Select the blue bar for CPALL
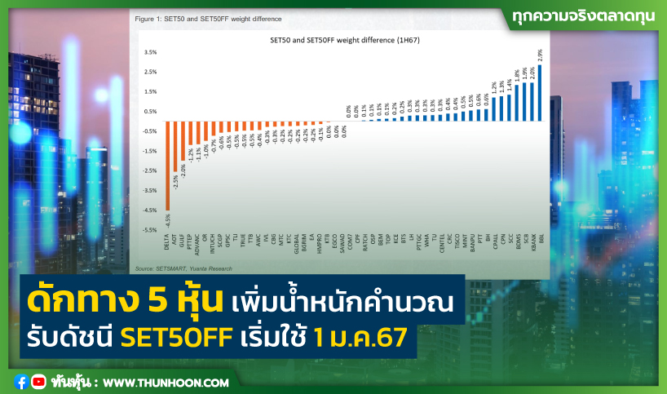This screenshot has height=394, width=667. [x=494, y=109]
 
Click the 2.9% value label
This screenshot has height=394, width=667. [x=540, y=55]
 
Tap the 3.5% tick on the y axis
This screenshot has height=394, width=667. [x=150, y=51]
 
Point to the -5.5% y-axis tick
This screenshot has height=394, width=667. [x=149, y=230]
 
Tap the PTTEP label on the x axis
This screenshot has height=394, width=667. [x=190, y=241]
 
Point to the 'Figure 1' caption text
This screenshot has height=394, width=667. [x=207, y=18]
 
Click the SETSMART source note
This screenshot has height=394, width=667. [x=183, y=268]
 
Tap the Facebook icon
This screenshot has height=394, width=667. [x=20, y=381]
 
